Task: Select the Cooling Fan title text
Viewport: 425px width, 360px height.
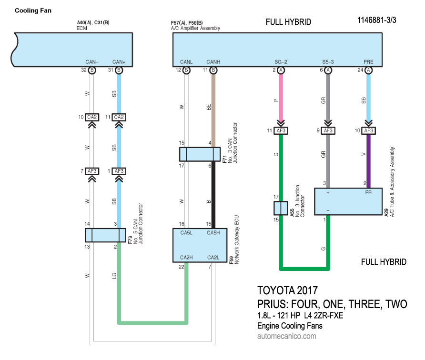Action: [x=33, y=10]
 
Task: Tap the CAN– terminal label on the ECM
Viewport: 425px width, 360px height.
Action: [x=92, y=61]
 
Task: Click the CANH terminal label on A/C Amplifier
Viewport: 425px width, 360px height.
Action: [x=213, y=61]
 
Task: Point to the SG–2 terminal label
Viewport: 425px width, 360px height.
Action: [x=281, y=61]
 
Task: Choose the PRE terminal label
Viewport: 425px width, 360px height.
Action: [x=368, y=61]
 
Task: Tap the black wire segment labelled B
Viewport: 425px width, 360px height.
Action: [x=213, y=195]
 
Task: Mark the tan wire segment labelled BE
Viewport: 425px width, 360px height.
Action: [x=213, y=110]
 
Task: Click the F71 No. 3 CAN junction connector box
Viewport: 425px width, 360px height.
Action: [x=200, y=154]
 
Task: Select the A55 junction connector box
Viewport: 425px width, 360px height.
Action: [x=281, y=208]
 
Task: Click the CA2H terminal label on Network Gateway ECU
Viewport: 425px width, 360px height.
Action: [x=186, y=258]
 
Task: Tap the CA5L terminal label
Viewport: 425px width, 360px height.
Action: [x=186, y=233]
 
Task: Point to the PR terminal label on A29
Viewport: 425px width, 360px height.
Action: [x=368, y=193]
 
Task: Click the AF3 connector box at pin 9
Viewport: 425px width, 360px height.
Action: [x=328, y=130]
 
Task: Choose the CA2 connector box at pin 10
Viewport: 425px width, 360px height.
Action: [x=92, y=117]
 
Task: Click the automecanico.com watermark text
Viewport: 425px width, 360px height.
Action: [x=286, y=336]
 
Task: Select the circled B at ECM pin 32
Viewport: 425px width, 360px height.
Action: [x=92, y=70]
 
